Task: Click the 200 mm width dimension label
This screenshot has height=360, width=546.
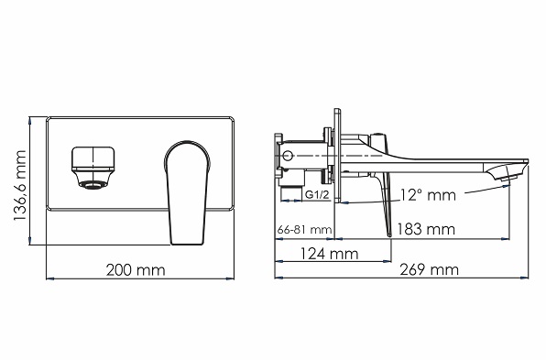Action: pyautogui.click(x=136, y=270)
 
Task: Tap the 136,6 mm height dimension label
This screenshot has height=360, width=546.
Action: pyautogui.click(x=20, y=185)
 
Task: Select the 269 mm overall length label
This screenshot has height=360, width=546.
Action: pyautogui.click(x=429, y=270)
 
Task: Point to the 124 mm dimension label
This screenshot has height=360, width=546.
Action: pyautogui.click(x=329, y=254)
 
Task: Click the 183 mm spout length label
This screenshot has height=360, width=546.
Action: pyautogui.click(x=426, y=229)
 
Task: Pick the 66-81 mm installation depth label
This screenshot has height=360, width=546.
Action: pyautogui.click(x=305, y=230)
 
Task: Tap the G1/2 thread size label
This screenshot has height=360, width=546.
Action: pyautogui.click(x=317, y=194)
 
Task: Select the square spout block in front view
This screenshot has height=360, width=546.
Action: pyautogui.click(x=93, y=159)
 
